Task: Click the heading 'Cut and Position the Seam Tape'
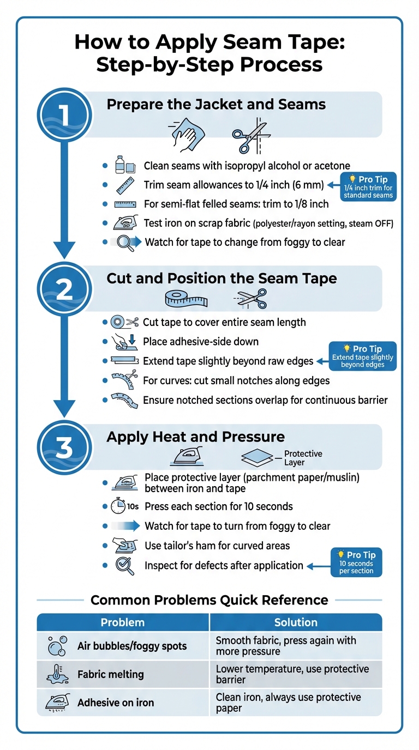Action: point(222,279)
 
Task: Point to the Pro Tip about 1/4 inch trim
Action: point(368,187)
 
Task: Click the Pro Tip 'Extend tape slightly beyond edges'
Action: point(362,356)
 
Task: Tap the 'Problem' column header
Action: point(123,622)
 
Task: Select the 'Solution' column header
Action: point(296,622)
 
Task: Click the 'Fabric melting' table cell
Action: point(111,674)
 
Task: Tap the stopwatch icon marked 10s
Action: point(119,506)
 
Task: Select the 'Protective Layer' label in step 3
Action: point(303,458)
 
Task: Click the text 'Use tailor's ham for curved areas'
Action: point(217,546)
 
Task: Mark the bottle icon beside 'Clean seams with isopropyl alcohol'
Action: point(121,165)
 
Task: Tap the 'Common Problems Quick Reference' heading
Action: point(209,600)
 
